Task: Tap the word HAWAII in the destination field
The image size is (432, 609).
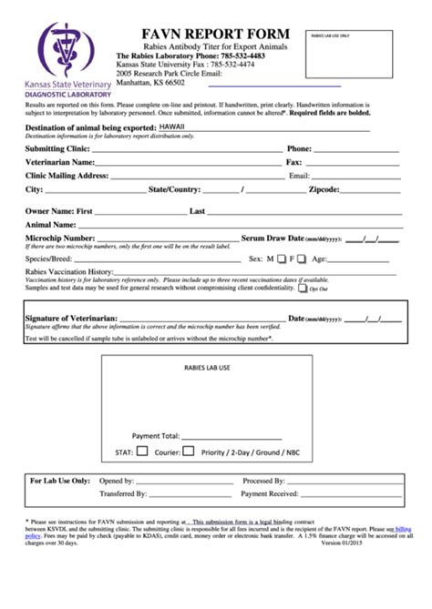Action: (x=171, y=127)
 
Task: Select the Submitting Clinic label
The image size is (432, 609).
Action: (x=57, y=148)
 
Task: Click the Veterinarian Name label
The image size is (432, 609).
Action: (x=60, y=162)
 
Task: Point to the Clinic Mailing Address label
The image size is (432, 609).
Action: (x=67, y=176)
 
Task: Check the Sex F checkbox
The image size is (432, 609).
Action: (x=303, y=259)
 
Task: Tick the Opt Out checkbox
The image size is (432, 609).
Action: (x=303, y=288)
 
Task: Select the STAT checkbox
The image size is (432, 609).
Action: (x=141, y=451)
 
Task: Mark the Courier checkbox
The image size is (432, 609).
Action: (x=188, y=451)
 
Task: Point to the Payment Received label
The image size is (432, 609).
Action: (x=270, y=493)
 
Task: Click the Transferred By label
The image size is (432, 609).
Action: (x=122, y=493)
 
